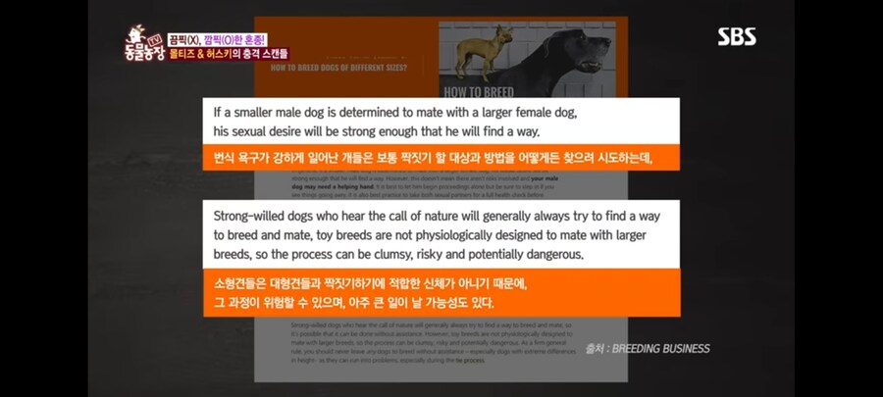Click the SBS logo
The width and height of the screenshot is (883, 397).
736,36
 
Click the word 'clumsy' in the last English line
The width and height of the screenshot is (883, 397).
399,254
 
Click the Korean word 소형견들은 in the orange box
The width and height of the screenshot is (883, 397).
245,283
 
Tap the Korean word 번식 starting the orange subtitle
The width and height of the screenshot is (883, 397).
227,157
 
